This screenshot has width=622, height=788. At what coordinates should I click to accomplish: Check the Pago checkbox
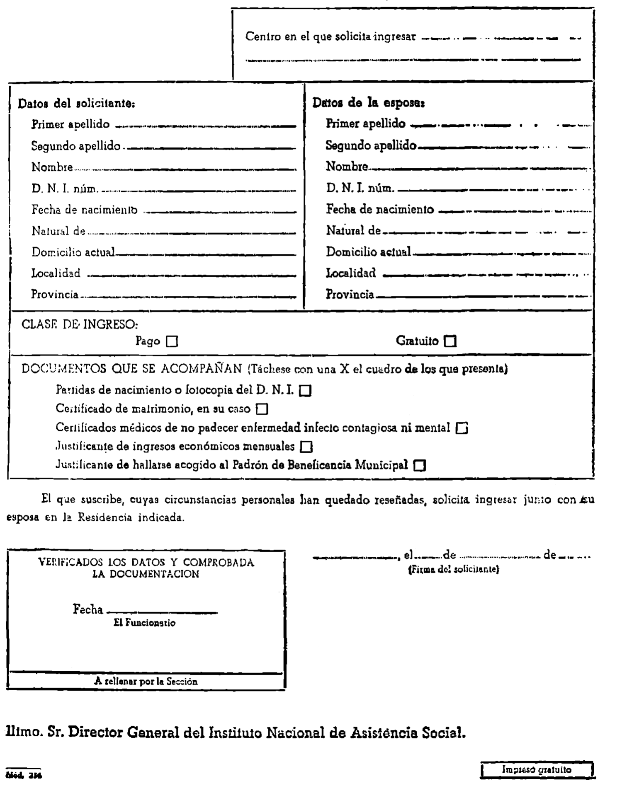[172, 341]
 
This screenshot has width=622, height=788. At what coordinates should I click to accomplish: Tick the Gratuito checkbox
[450, 341]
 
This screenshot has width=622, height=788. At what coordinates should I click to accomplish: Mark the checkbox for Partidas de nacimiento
[305, 391]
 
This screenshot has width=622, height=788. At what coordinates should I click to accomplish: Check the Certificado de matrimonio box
[262, 409]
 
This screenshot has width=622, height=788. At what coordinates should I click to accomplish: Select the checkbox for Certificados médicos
[462, 428]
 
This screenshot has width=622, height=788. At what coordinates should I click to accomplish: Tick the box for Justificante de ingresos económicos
[306, 447]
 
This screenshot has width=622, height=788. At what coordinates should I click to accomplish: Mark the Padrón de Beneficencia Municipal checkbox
[420, 466]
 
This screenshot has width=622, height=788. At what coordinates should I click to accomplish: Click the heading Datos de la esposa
[368, 103]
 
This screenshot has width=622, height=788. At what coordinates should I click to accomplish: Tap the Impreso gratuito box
[537, 770]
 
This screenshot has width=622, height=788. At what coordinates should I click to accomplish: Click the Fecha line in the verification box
[162, 612]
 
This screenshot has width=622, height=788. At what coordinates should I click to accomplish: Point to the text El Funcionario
[144, 623]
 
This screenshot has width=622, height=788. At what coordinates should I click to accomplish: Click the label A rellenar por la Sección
[146, 682]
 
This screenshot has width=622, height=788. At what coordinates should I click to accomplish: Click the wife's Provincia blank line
[483, 296]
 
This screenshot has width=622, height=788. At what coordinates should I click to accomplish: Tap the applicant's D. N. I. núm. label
[65, 189]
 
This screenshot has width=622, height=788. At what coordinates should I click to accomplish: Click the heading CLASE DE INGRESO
[80, 324]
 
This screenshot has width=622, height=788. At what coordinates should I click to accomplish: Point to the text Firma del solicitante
[454, 570]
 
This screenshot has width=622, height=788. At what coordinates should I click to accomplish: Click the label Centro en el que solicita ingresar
[330, 36]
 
